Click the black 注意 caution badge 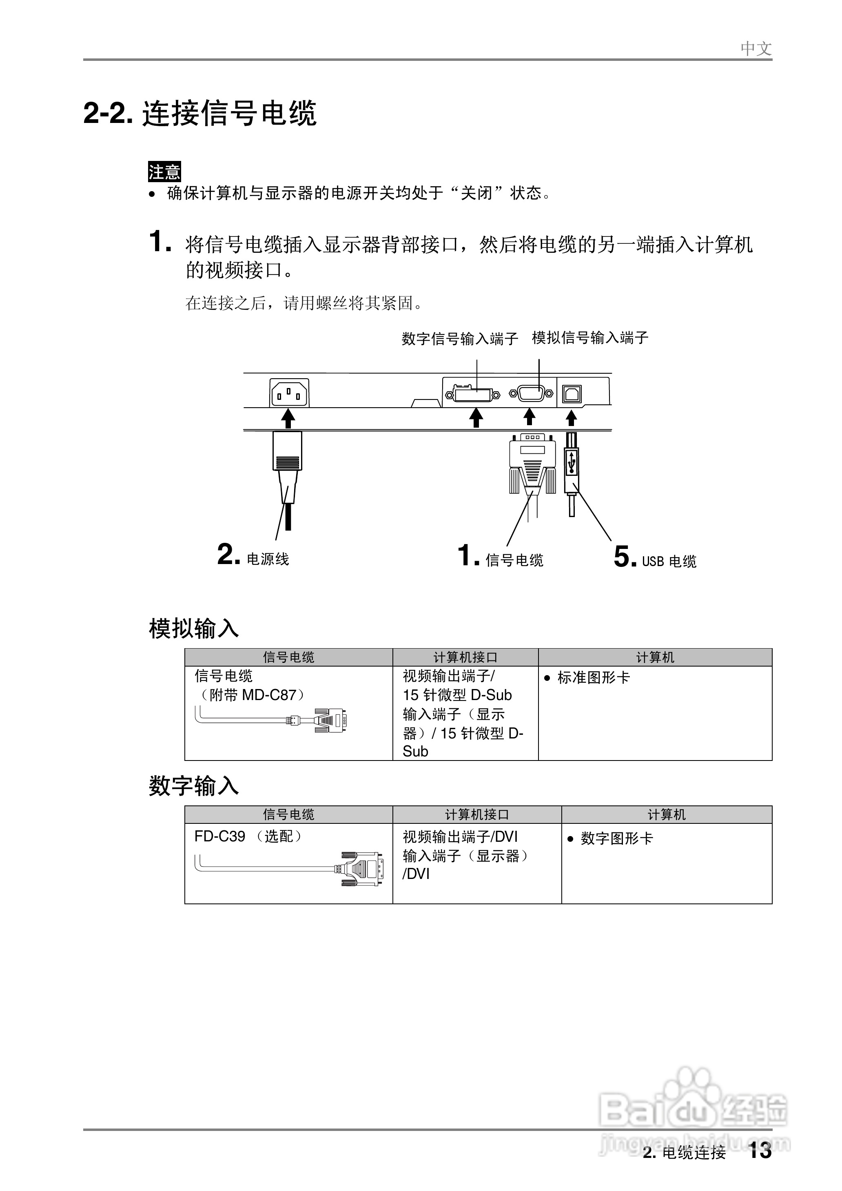pyautogui.click(x=164, y=171)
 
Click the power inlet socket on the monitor pyautogui.click(x=289, y=393)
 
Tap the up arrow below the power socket pyautogui.click(x=288, y=418)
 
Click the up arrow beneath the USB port pyautogui.click(x=571, y=418)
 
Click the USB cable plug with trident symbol pyautogui.click(x=572, y=462)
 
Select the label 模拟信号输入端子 pyautogui.click(x=590, y=338)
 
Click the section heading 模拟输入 pyautogui.click(x=193, y=629)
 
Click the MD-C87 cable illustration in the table pyautogui.click(x=272, y=720)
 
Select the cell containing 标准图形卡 pyautogui.click(x=593, y=677)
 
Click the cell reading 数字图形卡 pyautogui.click(x=616, y=838)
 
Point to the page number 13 pyautogui.click(x=760, y=1151)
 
